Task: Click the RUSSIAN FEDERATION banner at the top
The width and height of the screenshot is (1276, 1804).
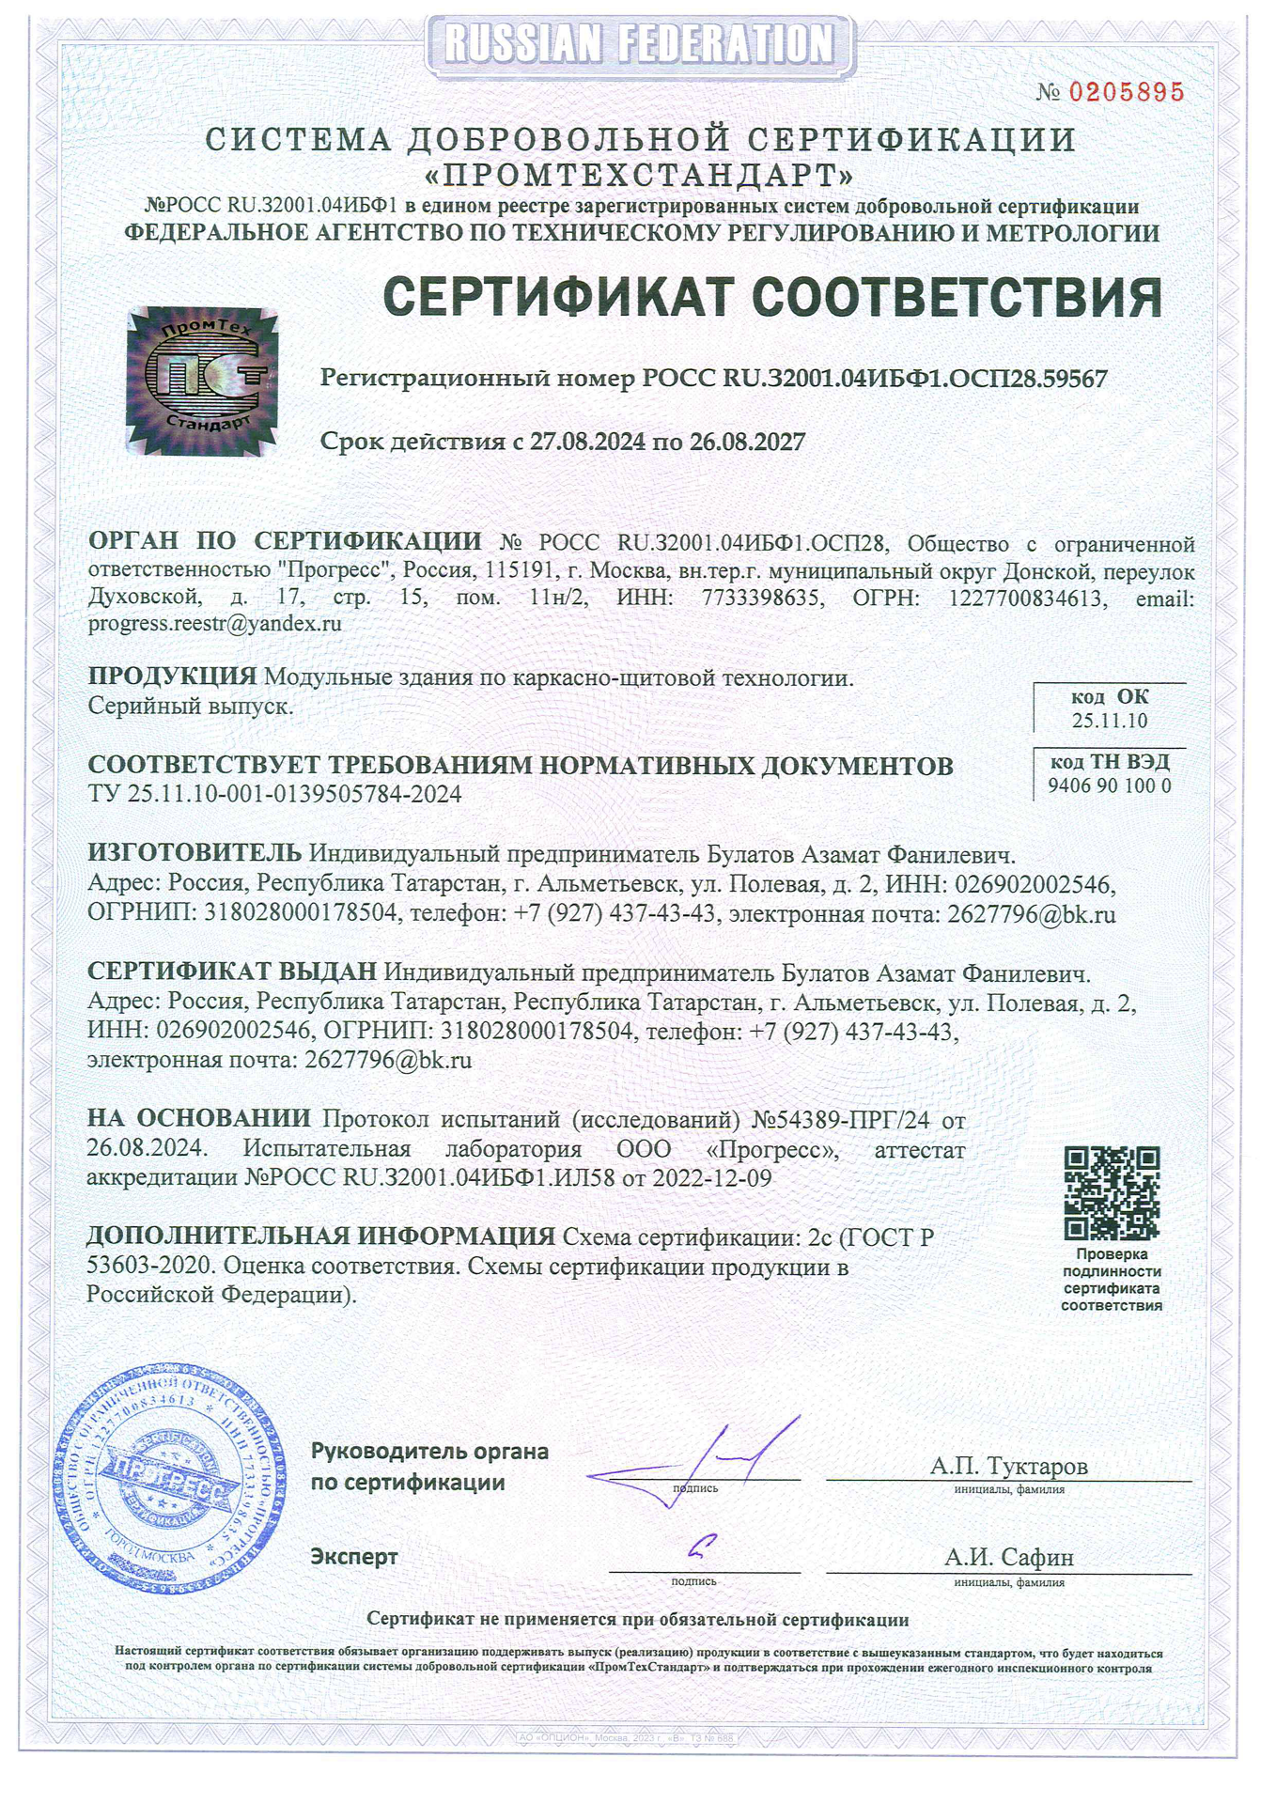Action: pyautogui.click(x=639, y=43)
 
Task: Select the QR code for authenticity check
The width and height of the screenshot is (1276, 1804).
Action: pyautogui.click(x=1112, y=1193)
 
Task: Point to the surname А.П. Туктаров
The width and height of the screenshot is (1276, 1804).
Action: pyautogui.click(x=1009, y=1465)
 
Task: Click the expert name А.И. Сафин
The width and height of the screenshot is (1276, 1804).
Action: pyautogui.click(x=1009, y=1557)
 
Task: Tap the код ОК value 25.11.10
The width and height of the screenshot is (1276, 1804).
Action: pyautogui.click(x=1109, y=721)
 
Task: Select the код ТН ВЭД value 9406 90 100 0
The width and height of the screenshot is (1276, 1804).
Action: pyautogui.click(x=1110, y=785)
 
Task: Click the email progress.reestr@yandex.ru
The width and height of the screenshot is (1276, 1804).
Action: pyautogui.click(x=215, y=623)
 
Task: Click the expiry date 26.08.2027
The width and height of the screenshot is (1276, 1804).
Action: pyautogui.click(x=748, y=442)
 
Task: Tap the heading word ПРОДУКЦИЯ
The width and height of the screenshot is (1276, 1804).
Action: pyautogui.click(x=172, y=676)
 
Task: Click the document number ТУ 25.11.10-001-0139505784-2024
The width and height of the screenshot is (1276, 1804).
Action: pyautogui.click(x=274, y=794)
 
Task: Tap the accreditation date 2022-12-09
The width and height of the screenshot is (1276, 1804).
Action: pyautogui.click(x=712, y=1177)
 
